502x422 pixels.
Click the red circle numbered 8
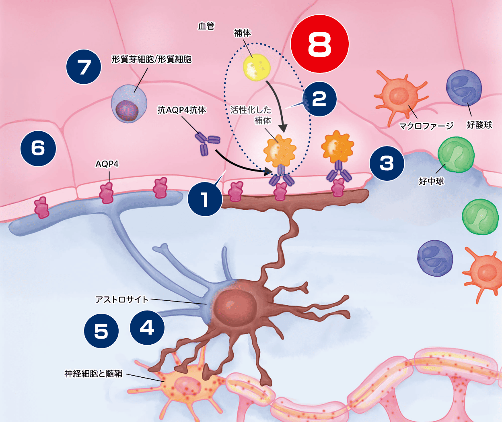tap(320, 44)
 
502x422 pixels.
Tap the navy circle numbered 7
tap(84, 67)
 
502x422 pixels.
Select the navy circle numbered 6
tap(38, 148)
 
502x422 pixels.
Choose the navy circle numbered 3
tap(387, 163)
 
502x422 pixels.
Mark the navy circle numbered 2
tap(319, 99)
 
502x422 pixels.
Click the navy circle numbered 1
tap(205, 199)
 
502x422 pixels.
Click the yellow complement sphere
tap(256, 67)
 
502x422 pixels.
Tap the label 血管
tap(206, 26)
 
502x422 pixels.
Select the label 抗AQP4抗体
tap(181, 110)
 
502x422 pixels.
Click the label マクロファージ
tap(426, 126)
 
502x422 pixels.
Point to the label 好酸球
tap(479, 125)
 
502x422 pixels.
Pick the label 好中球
tap(431, 181)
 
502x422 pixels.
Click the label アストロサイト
tap(122, 299)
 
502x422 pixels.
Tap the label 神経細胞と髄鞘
tap(93, 374)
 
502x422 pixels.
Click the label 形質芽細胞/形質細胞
tap(152, 59)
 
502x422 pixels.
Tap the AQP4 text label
tap(107, 164)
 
